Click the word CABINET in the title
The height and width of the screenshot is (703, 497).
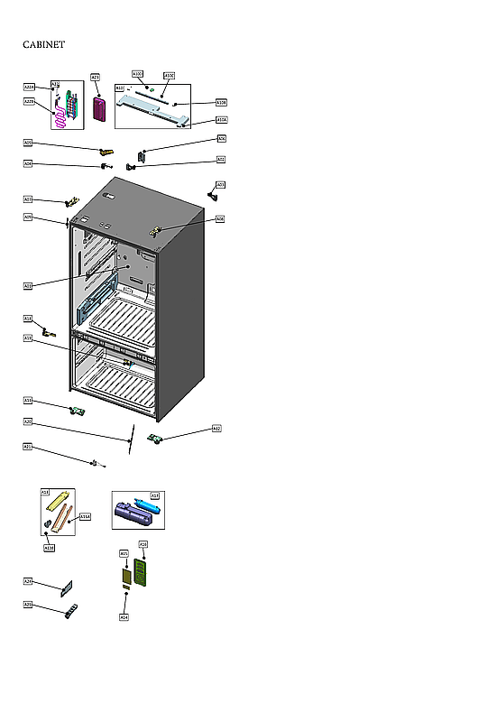[43, 44]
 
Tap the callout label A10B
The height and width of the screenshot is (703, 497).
[222, 103]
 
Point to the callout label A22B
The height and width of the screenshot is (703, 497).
[29, 102]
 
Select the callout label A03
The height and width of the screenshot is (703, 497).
[221, 185]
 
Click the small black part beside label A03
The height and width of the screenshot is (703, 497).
[213, 194]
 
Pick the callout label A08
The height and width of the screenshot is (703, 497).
[220, 219]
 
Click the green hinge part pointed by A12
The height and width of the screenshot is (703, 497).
[153, 439]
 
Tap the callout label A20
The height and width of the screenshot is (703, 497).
[28, 421]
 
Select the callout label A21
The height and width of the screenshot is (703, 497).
[28, 447]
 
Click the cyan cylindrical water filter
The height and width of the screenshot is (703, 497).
[143, 505]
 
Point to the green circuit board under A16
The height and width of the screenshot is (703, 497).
[140, 571]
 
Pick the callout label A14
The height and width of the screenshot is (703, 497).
[124, 617]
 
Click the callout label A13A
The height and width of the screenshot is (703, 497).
[85, 517]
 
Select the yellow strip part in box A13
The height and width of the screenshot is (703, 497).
[60, 499]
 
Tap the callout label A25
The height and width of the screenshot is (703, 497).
[28, 604]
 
